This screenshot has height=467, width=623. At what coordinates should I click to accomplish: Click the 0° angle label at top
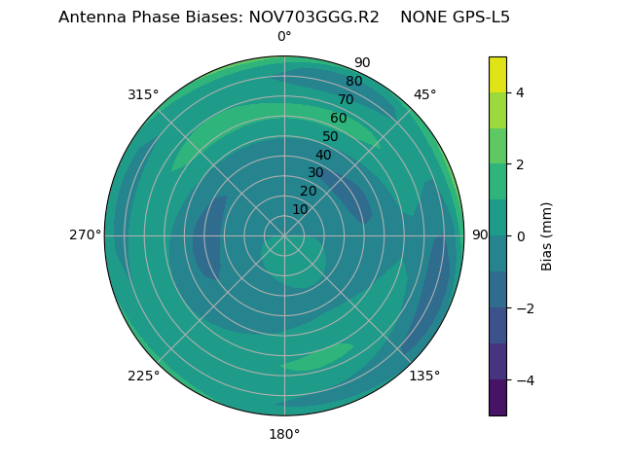click(284, 37)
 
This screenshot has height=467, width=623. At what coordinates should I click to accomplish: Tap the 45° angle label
click(425, 94)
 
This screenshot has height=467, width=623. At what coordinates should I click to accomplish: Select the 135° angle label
click(424, 377)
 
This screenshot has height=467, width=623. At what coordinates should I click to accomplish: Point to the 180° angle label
click(284, 434)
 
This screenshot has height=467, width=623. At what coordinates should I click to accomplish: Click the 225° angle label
click(143, 377)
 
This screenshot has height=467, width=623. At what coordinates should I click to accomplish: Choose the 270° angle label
click(85, 235)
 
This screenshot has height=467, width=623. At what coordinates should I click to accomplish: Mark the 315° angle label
click(143, 94)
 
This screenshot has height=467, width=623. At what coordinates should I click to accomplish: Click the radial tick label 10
click(300, 209)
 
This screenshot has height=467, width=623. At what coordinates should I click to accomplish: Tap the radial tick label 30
click(315, 173)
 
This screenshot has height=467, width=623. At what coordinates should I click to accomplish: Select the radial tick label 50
click(330, 137)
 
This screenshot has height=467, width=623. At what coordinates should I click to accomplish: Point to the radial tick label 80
click(353, 82)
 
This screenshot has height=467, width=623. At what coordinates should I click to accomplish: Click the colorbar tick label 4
click(520, 92)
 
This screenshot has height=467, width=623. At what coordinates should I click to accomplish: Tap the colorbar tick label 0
click(520, 236)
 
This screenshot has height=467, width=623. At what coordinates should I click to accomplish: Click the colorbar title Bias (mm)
click(547, 236)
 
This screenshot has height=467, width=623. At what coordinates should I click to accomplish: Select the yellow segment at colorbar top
click(497, 74)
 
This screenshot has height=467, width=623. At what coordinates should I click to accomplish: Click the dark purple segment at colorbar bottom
click(497, 398)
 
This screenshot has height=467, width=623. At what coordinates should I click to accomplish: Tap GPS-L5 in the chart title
click(477, 18)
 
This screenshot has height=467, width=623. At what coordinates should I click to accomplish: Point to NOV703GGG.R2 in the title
click(321, 18)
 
